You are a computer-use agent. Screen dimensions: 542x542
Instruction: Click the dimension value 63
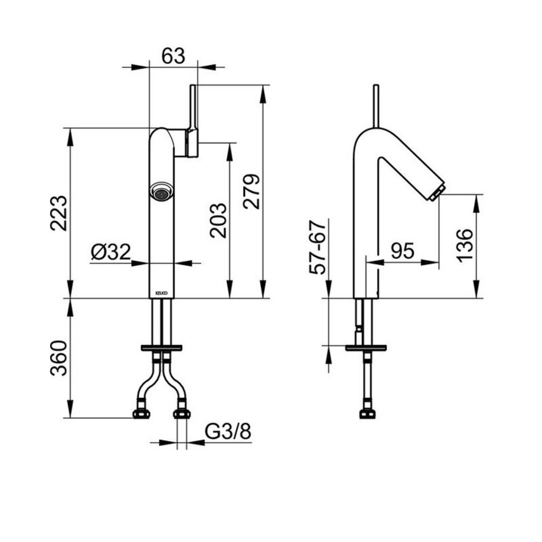coord(173,55)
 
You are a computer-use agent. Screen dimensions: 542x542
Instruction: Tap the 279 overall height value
coord(253,191)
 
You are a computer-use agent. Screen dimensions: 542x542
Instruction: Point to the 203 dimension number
coord(219,220)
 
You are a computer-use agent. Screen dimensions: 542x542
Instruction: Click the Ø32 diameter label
coord(111,252)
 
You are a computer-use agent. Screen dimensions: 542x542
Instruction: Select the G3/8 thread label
coord(228,432)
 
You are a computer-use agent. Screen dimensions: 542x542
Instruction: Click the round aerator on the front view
coord(161,192)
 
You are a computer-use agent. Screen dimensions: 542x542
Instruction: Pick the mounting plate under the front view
coord(161,347)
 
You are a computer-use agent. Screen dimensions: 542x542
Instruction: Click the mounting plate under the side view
coord(366,347)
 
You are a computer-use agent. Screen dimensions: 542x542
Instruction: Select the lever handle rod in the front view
coord(193,108)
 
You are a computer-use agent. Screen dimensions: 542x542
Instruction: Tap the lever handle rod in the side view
coord(376,106)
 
